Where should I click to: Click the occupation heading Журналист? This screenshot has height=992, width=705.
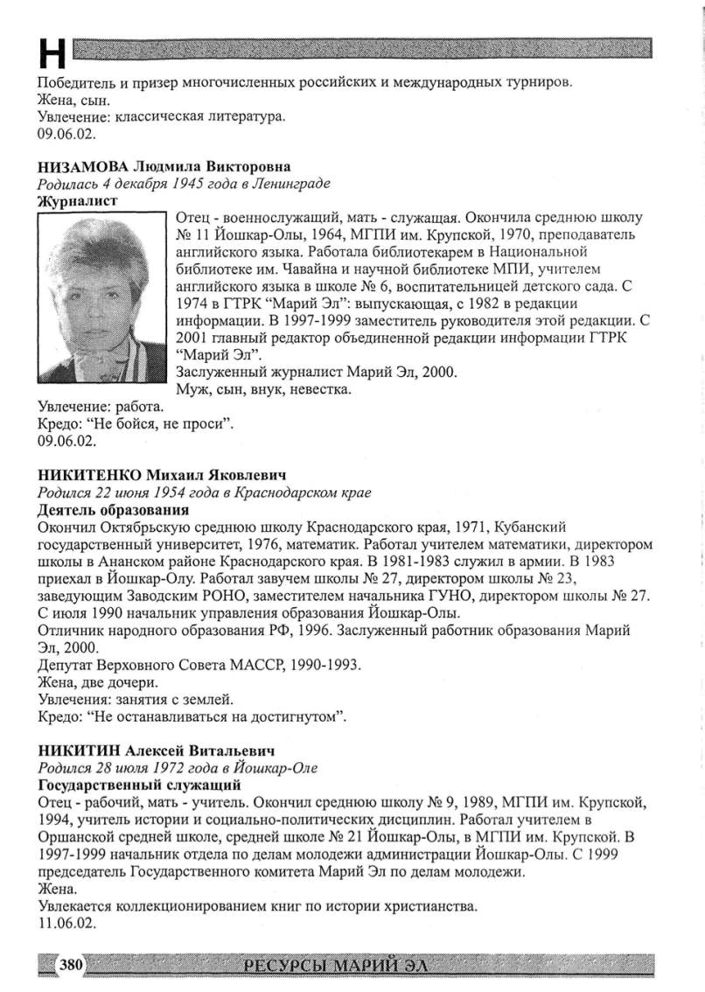pyautogui.click(x=78, y=200)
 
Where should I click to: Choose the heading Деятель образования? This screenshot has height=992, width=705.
pyautogui.click(x=114, y=509)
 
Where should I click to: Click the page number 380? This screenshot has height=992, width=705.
pyautogui.click(x=70, y=966)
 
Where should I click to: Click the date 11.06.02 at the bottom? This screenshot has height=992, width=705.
pyautogui.click(x=67, y=922)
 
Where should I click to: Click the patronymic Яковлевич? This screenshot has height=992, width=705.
pyautogui.click(x=244, y=475)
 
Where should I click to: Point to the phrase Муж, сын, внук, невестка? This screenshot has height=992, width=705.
pyautogui.click(x=264, y=389)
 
